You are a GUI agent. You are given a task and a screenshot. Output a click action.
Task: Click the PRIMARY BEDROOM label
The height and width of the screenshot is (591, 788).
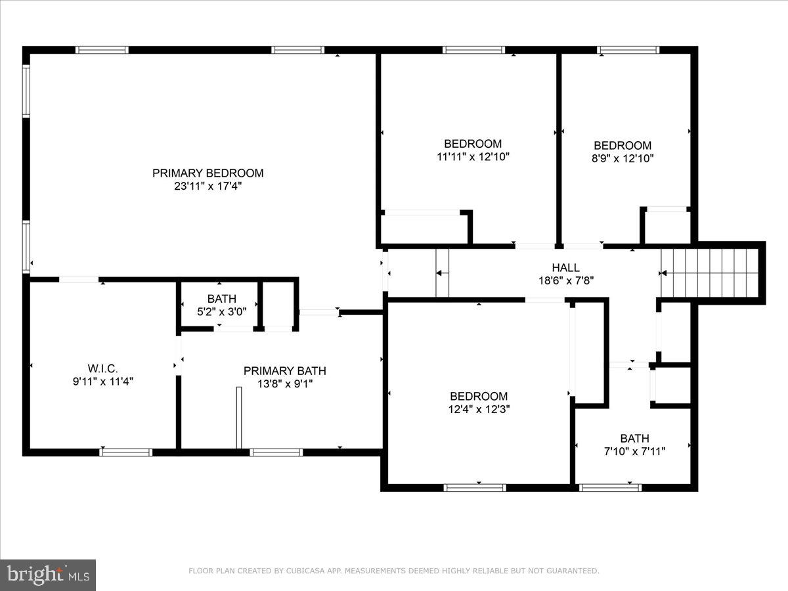(208, 173)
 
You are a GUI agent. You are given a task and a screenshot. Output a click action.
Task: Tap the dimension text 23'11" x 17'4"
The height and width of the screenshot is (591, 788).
(208, 186)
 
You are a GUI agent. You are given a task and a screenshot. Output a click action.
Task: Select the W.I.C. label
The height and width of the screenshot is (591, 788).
(102, 368)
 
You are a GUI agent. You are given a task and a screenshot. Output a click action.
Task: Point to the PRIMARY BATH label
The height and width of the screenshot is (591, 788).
(284, 371)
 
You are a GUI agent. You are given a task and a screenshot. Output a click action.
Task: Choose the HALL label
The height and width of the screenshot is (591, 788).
(565, 268)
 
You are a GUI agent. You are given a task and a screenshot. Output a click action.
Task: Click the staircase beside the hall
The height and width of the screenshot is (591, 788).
(709, 273)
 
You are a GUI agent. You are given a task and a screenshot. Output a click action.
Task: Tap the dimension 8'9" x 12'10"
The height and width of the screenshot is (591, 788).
(623, 158)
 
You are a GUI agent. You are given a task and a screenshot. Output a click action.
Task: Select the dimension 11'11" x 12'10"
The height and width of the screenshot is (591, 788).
(473, 157)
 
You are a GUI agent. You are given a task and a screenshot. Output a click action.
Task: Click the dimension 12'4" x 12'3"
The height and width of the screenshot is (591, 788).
(478, 408)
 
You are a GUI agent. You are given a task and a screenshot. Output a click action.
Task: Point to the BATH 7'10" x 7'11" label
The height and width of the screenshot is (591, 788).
(634, 439)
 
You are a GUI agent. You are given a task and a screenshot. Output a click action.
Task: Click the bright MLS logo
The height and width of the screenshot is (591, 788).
(47, 575)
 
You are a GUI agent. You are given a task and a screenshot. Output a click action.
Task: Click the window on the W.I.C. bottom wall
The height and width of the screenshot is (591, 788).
(126, 452)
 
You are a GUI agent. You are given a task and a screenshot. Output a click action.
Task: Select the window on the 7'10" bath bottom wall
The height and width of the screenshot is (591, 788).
(610, 487)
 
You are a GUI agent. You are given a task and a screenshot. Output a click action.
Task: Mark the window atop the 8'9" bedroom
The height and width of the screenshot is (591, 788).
(628, 50)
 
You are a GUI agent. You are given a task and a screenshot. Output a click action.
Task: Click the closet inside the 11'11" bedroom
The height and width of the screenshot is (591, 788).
(424, 228)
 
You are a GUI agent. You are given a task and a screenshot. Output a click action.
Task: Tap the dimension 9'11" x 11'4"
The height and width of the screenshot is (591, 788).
(102, 381)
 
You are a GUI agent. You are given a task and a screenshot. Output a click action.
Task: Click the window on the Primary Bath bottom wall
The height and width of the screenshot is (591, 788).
(276, 452)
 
